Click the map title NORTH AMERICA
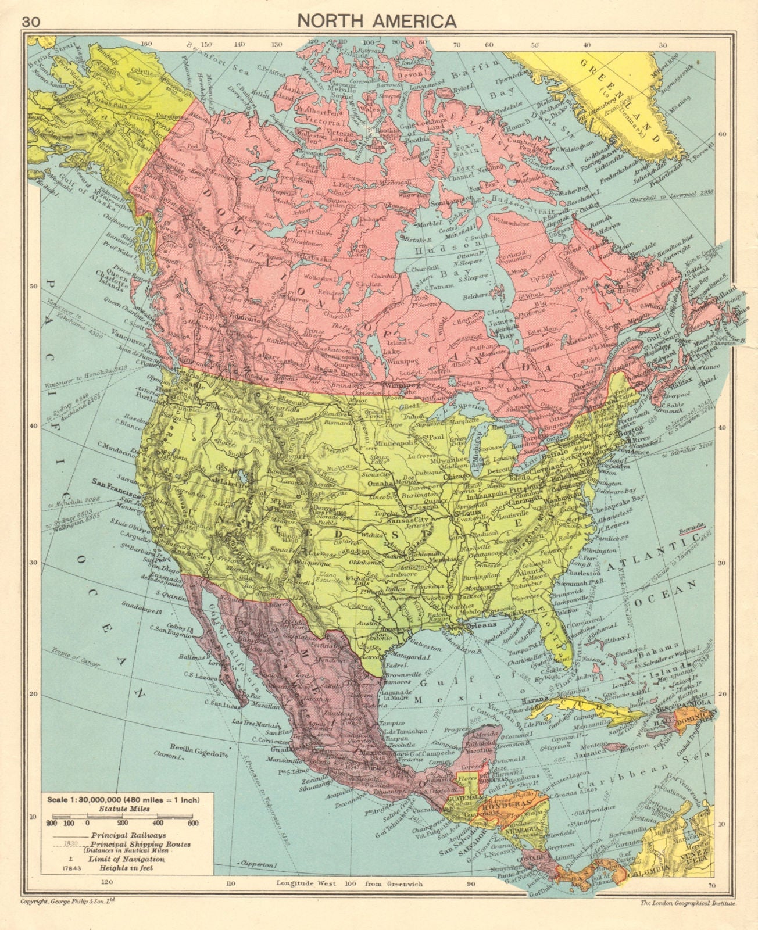pos(377,21)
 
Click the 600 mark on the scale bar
pos(193,823)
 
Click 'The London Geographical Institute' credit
pos(688,920)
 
